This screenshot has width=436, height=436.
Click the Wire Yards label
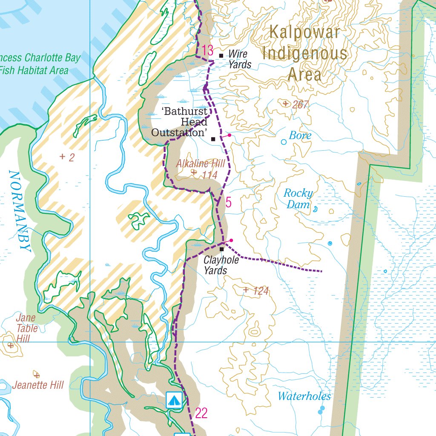coord(240,59)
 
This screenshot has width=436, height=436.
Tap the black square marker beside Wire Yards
coord(221,55)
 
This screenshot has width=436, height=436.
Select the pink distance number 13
coord(207,50)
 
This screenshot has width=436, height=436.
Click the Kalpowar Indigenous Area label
coord(304,53)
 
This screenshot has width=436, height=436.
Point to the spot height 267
coord(300,104)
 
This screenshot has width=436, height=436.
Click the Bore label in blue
coord(300,136)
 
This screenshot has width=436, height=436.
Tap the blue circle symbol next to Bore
coord(284,142)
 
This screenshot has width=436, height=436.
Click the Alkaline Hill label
coord(200,164)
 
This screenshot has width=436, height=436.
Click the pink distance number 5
coord(228,203)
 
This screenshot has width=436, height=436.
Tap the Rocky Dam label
coord(298,199)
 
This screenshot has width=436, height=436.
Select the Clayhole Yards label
coord(215,265)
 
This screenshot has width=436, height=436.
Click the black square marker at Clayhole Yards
coord(221,249)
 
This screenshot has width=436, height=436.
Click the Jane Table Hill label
coord(26,328)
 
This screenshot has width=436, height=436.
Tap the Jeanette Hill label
coord(38,385)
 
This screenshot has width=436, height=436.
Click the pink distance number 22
coord(201,413)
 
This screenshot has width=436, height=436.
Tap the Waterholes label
coord(304,396)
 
